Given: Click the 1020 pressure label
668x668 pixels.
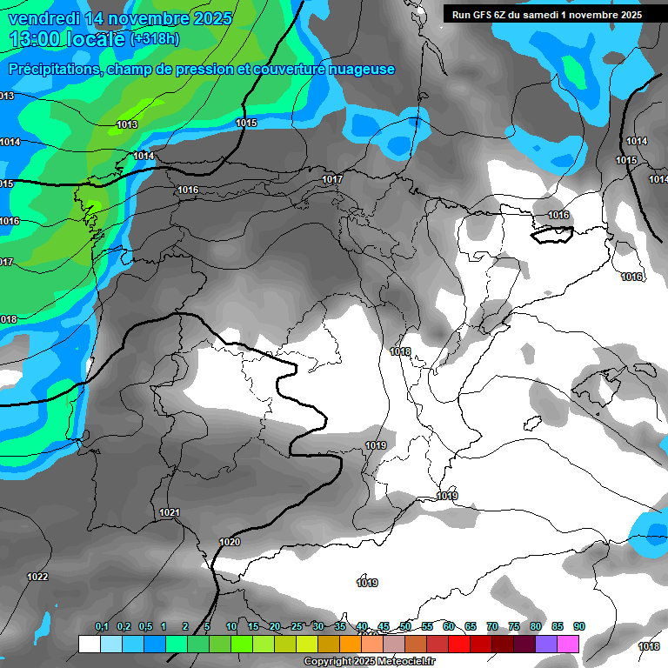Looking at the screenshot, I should tap(230, 542).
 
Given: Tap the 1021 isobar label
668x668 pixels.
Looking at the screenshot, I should tap(169, 513).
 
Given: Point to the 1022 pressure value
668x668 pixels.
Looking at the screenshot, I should tap(37, 577).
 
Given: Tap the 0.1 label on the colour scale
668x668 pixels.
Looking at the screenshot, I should tap(101, 627).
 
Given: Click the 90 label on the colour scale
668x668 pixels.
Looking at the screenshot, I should tap(579, 627).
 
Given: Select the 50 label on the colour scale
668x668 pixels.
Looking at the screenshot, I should tap(405, 627).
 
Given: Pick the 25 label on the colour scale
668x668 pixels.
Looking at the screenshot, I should tap(297, 627).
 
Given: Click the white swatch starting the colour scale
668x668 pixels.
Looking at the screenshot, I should tap(89, 644).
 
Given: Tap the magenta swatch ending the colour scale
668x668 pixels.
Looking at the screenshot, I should tap(568, 644).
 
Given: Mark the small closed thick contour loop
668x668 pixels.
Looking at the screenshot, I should tap(552, 233).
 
